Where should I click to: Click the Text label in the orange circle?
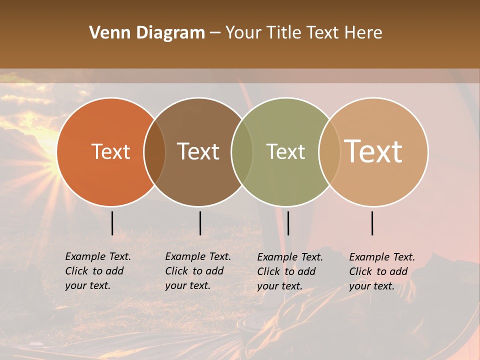click(110, 151)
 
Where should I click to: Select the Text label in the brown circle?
click(198, 151)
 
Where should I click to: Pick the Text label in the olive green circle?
click(285, 151)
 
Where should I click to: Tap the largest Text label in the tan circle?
click(373, 151)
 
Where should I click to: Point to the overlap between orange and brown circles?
click(154, 151)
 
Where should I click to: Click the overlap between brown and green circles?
click(241, 151)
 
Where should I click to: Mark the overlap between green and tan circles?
click(328, 151)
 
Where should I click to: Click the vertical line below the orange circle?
click(112, 223)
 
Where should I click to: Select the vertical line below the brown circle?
click(200, 223)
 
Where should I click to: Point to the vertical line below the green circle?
click(288, 223)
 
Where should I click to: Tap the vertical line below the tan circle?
click(372, 223)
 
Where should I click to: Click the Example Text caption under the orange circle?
click(97, 271)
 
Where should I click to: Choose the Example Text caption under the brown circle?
click(197, 271)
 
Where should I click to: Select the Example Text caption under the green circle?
click(289, 271)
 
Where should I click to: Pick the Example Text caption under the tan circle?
click(381, 271)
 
